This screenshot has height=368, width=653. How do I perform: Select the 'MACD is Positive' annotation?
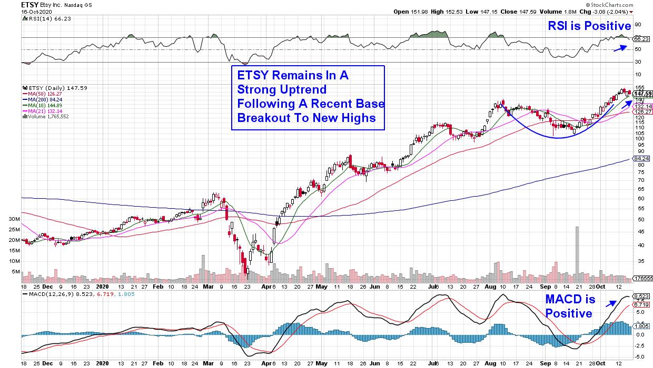[570, 306]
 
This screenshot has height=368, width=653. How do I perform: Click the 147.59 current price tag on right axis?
[642, 94]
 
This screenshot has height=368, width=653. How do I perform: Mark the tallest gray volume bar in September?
[577, 250]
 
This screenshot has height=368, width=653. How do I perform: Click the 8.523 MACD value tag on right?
[641, 297]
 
